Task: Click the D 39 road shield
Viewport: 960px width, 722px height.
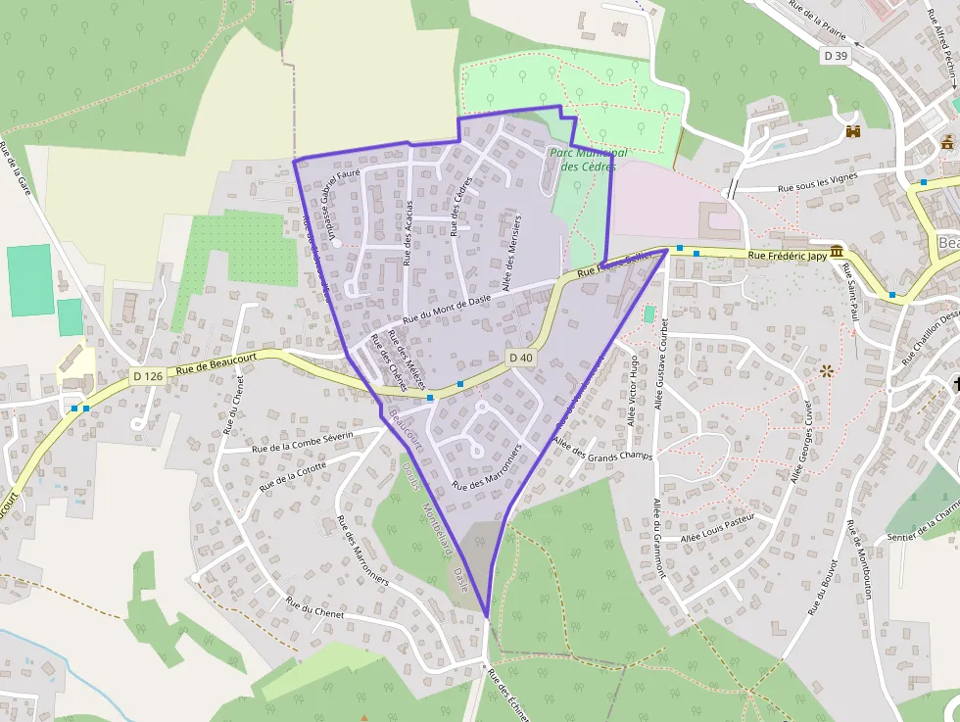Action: (x=836, y=57)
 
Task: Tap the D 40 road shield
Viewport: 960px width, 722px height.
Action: (x=521, y=358)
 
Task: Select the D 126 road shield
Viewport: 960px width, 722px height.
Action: (x=147, y=376)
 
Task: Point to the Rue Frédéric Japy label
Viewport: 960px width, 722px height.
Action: (x=788, y=256)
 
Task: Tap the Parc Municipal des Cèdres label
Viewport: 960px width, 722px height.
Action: (x=588, y=160)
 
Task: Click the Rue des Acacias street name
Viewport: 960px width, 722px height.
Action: (x=408, y=233)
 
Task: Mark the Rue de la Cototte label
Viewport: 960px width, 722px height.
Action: (x=293, y=475)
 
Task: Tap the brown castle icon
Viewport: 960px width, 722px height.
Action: (x=852, y=131)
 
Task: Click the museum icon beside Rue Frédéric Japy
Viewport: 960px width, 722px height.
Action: (x=836, y=253)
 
